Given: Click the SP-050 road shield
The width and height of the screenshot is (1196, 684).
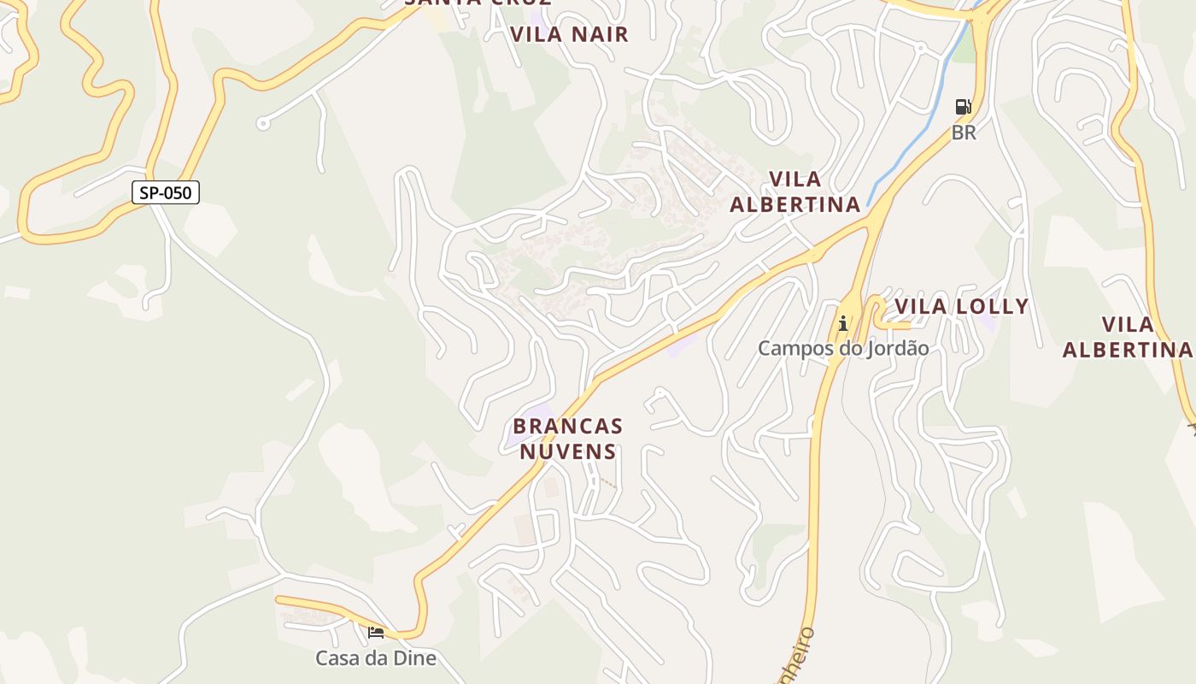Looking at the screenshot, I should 166,192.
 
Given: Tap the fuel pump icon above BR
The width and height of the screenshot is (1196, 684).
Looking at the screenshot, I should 963,107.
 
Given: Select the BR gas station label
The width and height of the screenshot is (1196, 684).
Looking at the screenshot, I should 964,133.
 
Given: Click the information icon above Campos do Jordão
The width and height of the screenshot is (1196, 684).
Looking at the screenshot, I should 843,323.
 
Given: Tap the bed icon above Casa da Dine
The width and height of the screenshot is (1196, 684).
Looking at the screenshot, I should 375,633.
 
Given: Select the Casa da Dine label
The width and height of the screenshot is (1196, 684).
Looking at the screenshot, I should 376,657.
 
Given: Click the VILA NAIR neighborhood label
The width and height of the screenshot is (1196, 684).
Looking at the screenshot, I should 569,34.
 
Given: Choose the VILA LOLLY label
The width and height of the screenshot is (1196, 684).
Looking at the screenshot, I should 961,307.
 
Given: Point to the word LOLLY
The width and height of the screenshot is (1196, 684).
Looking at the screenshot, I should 993,307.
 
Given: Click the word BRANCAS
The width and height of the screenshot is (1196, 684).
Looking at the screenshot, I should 568,426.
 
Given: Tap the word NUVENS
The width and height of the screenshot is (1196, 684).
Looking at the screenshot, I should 568,451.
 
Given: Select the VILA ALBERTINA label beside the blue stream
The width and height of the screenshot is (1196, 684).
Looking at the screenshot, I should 794,192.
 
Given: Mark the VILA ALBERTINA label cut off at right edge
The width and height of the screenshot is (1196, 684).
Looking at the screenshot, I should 1128,337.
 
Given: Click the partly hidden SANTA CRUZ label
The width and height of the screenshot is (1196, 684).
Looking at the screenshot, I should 478,3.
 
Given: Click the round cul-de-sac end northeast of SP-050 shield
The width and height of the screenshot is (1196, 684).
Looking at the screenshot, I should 263,124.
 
